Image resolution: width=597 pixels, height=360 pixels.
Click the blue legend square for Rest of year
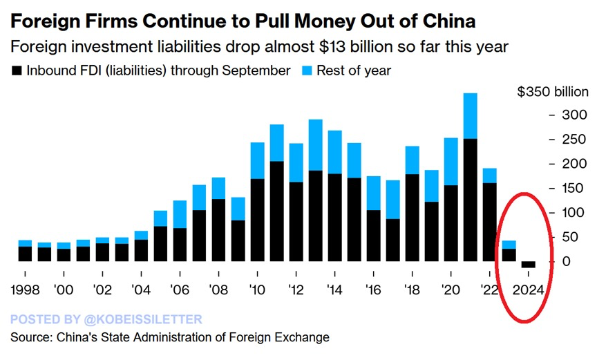pos(304,70)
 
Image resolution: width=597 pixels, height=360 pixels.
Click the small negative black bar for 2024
pos(529,265)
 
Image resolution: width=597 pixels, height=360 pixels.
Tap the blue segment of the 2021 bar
pos(470,115)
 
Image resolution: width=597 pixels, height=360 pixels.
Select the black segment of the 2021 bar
pos(470,200)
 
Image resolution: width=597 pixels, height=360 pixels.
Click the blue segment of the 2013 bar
pos(315,144)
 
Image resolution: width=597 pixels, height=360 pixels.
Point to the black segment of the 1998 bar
pos(25,254)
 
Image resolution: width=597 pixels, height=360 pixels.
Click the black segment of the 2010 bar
pos(257,220)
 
